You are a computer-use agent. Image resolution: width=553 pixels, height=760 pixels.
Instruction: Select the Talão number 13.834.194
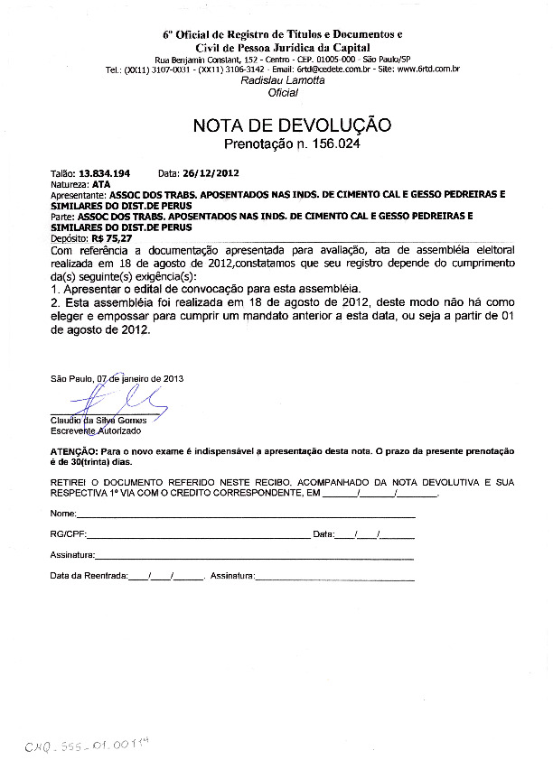point(104,172)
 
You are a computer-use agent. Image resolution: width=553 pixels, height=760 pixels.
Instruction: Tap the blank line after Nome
point(244,514)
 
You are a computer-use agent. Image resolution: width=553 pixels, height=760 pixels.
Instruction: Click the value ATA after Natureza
point(100,182)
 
